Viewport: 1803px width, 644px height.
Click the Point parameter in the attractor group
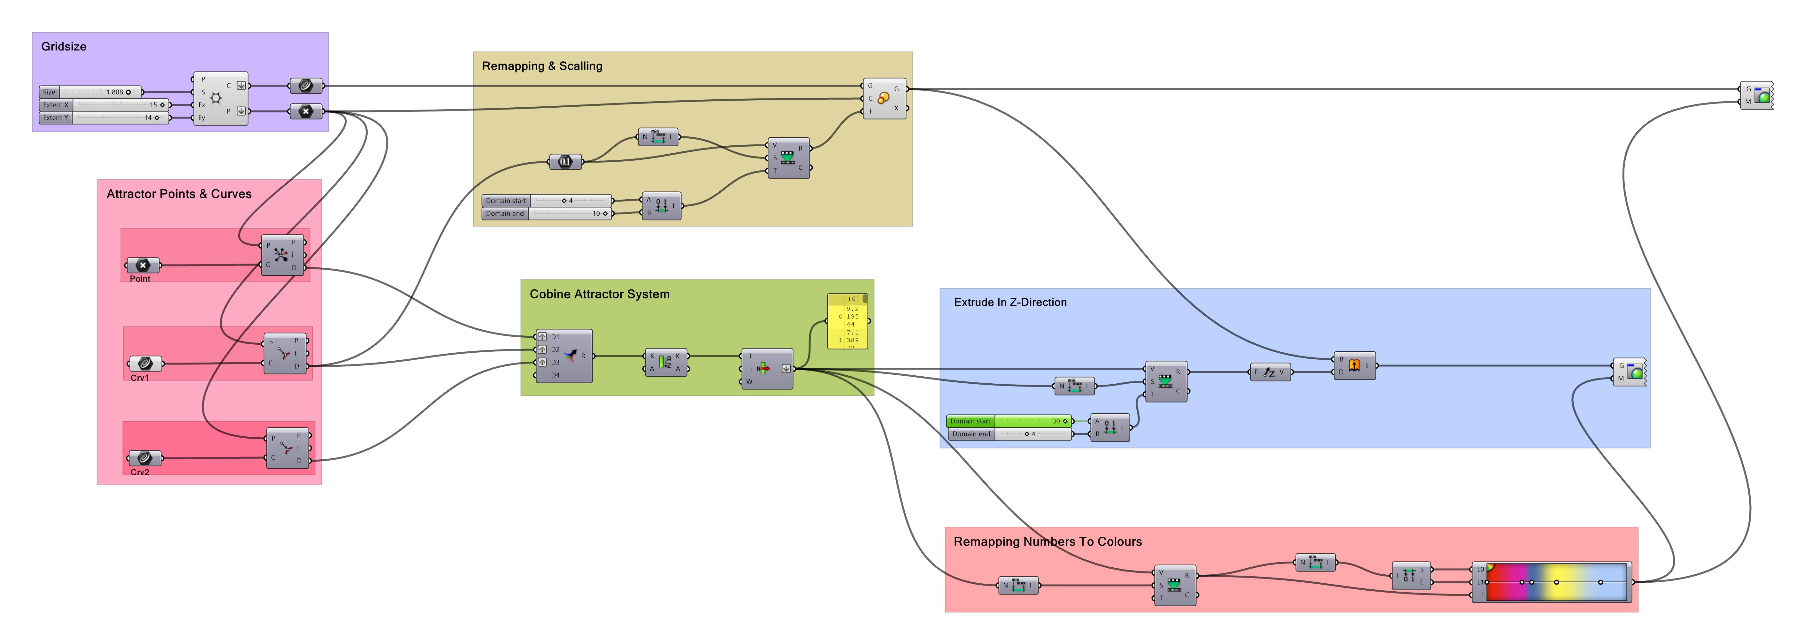pos(143,265)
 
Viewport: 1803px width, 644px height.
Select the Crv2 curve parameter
pos(145,458)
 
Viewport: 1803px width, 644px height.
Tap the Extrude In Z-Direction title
pos(1010,303)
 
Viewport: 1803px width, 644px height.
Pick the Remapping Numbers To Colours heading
pos(1047,542)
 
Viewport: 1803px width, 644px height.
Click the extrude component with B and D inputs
pos(1354,365)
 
